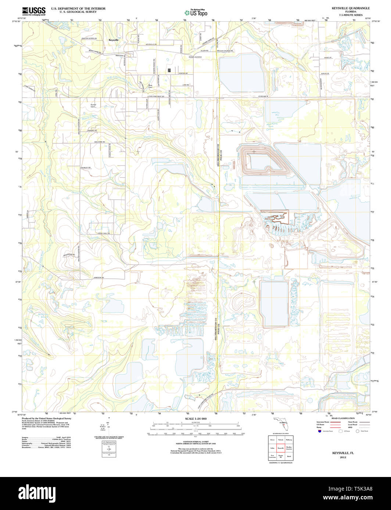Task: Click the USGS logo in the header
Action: point(34,11)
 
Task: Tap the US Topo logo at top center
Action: point(196,12)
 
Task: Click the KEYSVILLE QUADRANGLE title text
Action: point(345,8)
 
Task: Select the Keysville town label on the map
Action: point(114,40)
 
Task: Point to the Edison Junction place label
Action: point(195,57)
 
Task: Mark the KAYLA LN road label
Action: point(324,74)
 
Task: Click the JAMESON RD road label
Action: point(99,277)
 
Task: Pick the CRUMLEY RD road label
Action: point(86,167)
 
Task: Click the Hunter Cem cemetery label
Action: point(93,106)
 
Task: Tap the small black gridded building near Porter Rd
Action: point(169,70)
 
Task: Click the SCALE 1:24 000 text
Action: point(196,419)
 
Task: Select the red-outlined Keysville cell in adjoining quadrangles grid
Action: point(280,448)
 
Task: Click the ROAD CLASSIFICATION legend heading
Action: point(343,418)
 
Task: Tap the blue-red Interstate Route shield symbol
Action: point(319,432)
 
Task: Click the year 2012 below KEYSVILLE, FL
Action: point(343,457)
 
